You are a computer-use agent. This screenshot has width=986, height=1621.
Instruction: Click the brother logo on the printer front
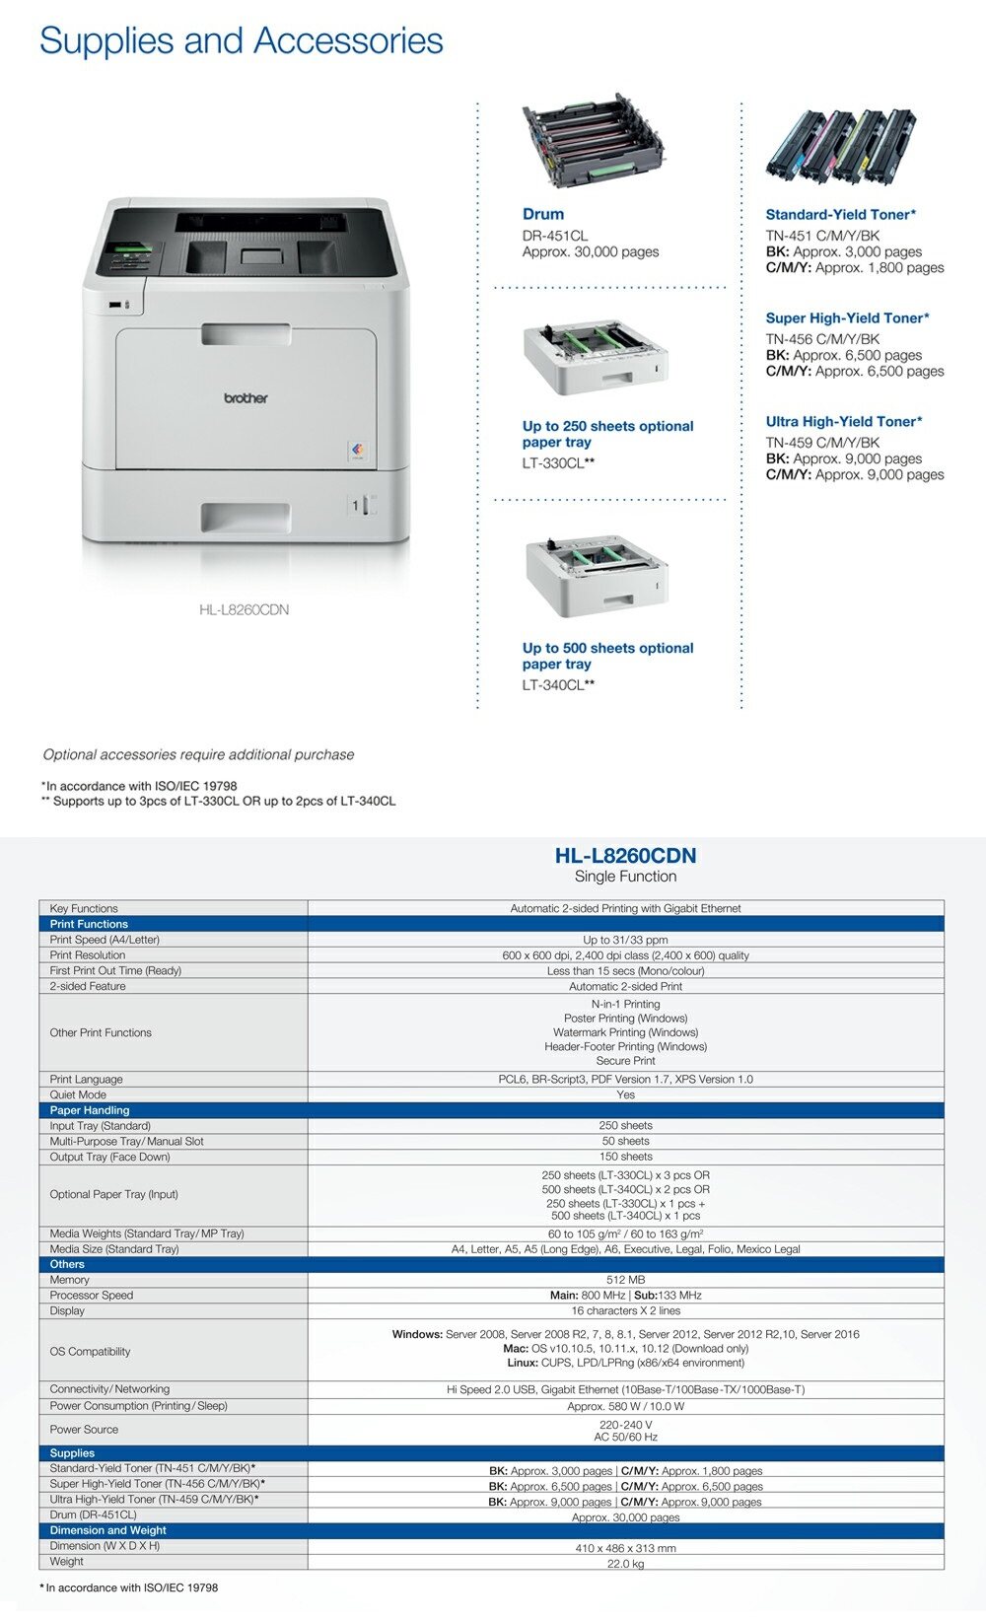[246, 398]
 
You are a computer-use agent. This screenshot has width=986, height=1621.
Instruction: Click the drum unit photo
[592, 147]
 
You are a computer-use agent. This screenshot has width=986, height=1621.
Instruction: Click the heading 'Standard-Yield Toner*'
[840, 214]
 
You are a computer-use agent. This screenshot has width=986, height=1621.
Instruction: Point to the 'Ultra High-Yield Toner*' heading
[843, 421]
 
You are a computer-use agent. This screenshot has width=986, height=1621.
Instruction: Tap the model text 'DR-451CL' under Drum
[554, 236]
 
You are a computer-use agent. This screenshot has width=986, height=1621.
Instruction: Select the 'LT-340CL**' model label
[558, 684]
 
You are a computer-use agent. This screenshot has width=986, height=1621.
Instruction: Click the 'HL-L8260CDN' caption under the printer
[244, 609]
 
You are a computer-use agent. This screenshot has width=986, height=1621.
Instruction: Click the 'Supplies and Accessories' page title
[241, 40]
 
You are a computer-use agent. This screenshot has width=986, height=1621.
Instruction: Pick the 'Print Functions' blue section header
[89, 924]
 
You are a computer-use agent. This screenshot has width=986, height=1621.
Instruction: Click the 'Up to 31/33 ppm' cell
[625, 940]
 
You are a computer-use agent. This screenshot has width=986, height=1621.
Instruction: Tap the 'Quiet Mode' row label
[78, 1094]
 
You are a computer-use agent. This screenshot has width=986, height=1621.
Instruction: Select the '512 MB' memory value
[625, 1280]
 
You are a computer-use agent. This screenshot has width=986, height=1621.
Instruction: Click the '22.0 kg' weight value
[625, 1564]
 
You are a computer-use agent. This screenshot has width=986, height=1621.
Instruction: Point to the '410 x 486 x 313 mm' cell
[625, 1548]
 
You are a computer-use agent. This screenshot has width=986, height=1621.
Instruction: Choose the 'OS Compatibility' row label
[90, 1351]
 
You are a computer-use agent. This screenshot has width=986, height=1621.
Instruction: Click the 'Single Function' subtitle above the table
[625, 877]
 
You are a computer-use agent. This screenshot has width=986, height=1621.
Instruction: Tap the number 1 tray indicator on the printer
[355, 505]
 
